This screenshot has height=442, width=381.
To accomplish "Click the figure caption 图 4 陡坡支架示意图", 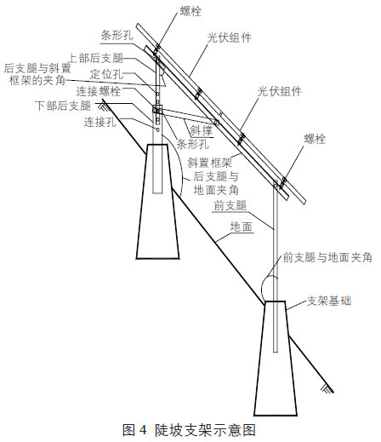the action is coord(189,430).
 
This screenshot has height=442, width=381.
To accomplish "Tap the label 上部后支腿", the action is coord(97,58).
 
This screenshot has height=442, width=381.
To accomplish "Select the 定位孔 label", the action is coord(106,74).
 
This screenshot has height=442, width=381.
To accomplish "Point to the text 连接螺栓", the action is coord(99,91).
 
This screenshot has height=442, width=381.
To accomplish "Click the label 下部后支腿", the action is coord(63,106).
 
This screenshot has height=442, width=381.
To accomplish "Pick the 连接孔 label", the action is coord(100,122).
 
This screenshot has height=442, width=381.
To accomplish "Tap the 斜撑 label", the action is coord(201,130).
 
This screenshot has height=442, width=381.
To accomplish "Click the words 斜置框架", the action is coord(210,163).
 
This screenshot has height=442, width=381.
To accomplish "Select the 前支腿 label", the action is coord(230,205).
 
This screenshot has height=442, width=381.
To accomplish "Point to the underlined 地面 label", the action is coord(242,227).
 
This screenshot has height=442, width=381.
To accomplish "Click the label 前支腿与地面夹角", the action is coord(327,257).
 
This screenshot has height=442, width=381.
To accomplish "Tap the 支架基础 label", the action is coord(329,301).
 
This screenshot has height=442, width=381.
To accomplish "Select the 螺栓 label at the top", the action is coord(190,11).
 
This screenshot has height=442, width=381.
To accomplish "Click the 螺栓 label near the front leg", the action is coord(315,139).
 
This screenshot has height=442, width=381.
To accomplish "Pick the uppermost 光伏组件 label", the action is coord(230,37).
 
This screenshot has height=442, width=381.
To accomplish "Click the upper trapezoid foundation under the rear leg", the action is coord(157,202).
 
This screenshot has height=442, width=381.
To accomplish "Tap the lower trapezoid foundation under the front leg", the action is coord(276,359).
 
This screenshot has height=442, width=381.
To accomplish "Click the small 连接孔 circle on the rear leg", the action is coord(157,129).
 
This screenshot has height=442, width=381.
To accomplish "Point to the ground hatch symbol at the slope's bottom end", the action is coord(327,389).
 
